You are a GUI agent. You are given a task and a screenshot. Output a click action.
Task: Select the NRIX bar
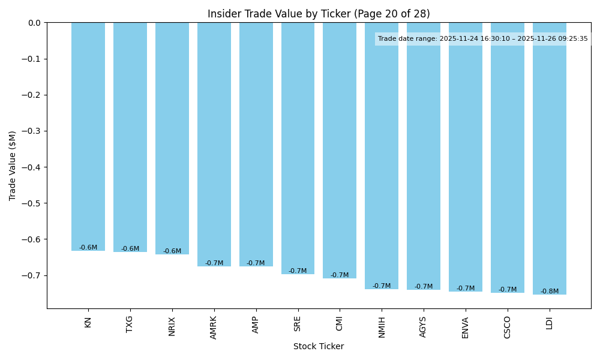pyautogui.click(x=172, y=139)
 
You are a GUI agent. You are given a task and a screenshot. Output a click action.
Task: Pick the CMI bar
pyautogui.click(x=340, y=151)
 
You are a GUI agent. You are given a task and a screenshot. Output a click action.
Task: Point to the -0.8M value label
pyautogui.click(x=550, y=292)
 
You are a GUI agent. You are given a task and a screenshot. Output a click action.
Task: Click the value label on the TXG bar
pyautogui.click(x=130, y=249)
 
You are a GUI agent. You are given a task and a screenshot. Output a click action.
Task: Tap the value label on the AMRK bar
pyautogui.click(x=214, y=263)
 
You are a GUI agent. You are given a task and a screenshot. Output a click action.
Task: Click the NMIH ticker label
pyautogui.click(x=382, y=327)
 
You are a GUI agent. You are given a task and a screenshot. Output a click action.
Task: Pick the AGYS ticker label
pyautogui.click(x=424, y=327)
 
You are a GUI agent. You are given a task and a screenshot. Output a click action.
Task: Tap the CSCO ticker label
pyautogui.click(x=508, y=327)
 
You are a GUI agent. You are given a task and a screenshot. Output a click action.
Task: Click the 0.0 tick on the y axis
pyautogui.click(x=35, y=23)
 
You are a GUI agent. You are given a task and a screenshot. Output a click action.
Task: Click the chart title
pyautogui.click(x=319, y=14)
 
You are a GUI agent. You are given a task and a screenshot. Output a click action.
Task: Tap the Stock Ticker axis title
pyautogui.click(x=319, y=346)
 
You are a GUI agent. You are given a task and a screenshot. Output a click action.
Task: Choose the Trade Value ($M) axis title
pyautogui.click(x=13, y=166)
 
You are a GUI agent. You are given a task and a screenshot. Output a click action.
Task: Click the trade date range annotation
pyautogui.click(x=483, y=39)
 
